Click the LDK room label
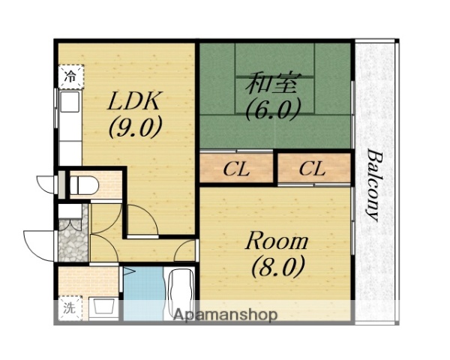(133, 100)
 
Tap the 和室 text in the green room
(271, 83)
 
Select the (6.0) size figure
(273, 109)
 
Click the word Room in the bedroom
(277, 241)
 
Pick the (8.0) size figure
(277, 267)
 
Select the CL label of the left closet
(236, 169)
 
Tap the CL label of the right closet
(312, 169)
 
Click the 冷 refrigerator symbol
(71, 76)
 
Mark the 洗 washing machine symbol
(70, 308)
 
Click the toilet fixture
(84, 185)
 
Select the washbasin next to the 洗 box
(103, 308)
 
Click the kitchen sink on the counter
(69, 101)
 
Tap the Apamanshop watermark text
(226, 315)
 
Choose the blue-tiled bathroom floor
(144, 293)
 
